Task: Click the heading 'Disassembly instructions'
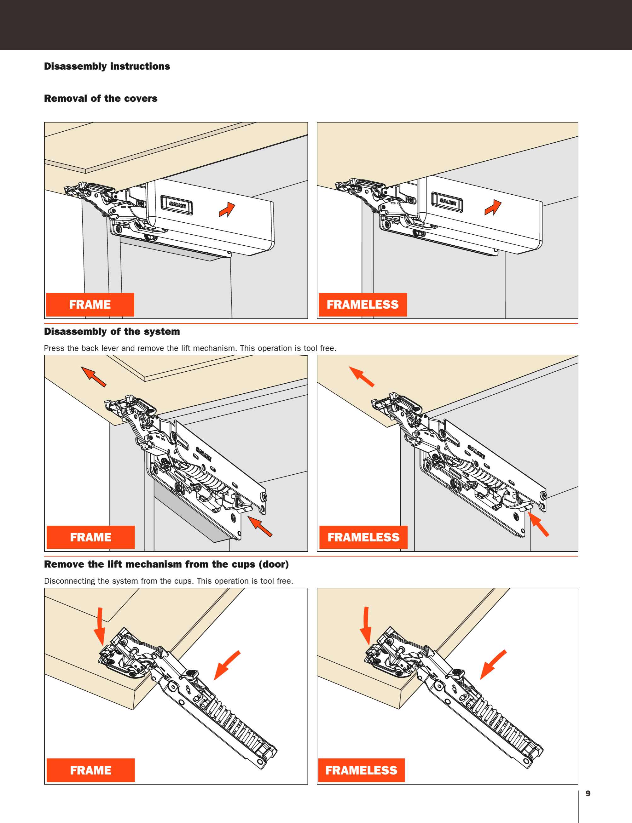tap(107, 66)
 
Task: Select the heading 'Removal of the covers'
tap(101, 99)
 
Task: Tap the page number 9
tap(588, 793)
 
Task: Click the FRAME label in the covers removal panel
tap(90, 304)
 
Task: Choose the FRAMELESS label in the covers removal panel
tap(362, 304)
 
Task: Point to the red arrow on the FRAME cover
tap(227, 210)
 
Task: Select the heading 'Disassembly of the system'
tap(112, 331)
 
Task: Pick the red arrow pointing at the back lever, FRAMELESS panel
tap(538, 524)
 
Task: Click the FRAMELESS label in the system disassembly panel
tap(363, 537)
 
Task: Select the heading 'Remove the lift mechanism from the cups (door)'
tap(166, 564)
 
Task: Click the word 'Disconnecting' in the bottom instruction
tap(69, 581)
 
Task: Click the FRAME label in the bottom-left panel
tap(91, 770)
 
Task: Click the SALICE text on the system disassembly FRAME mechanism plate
tap(204, 454)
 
